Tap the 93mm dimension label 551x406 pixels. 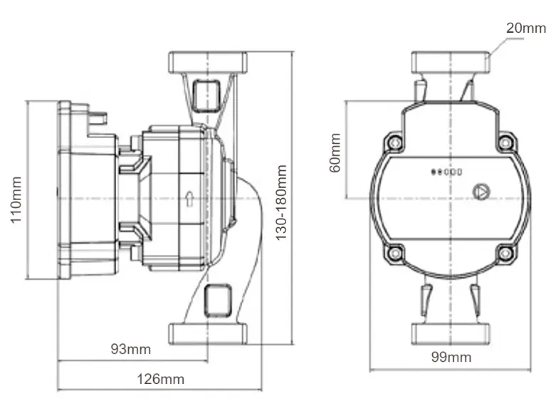click(131, 349)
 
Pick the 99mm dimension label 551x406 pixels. click(451, 357)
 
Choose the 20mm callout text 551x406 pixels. click(525, 28)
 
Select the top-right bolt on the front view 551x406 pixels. click(505, 142)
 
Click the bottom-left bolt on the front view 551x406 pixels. click(394, 253)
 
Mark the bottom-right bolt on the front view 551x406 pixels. click(505, 253)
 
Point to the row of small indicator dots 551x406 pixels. click(447, 172)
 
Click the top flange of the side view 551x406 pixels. click(207, 61)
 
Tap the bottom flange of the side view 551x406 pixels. click(207, 333)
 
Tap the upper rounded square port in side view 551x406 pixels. click(207, 95)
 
